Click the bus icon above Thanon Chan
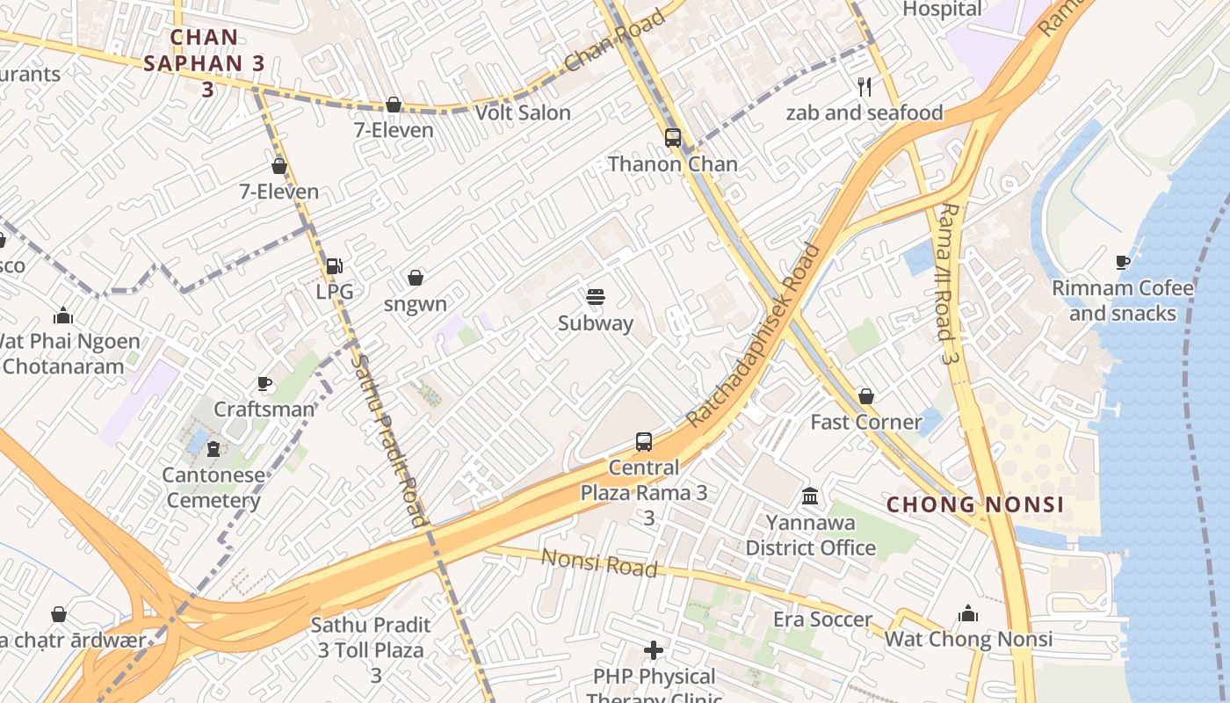(673, 138)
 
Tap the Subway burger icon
(596, 297)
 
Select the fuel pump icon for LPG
(334, 265)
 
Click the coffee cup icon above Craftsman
(264, 383)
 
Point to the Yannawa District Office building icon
(810, 496)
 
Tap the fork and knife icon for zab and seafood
(865, 86)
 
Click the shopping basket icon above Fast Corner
(866, 396)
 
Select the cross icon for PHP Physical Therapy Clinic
(654, 650)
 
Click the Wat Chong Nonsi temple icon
(967, 612)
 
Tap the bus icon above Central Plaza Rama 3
(644, 441)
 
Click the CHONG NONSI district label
(975, 504)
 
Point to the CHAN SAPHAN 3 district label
(205, 62)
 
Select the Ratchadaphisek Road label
(753, 336)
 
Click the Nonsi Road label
(599, 562)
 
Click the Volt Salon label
(523, 112)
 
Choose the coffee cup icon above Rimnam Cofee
(1122, 262)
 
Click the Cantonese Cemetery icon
(213, 449)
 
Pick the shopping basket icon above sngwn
(416, 278)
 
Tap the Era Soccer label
(822, 620)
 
